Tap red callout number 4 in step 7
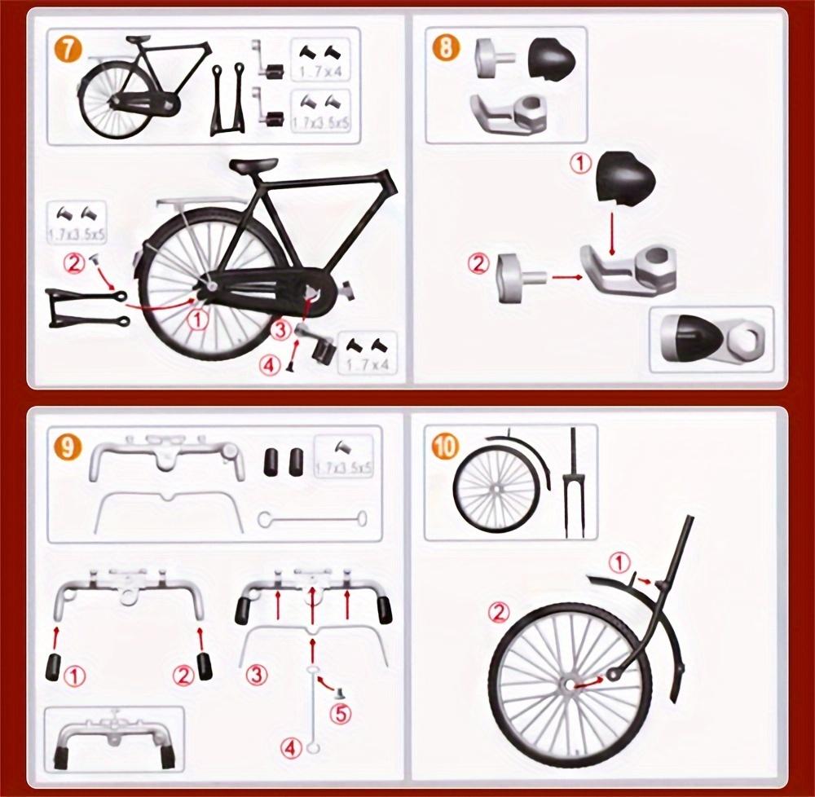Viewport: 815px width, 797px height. tap(271, 364)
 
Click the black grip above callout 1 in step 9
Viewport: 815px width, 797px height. tap(55, 665)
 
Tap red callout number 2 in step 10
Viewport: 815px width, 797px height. tap(499, 611)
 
